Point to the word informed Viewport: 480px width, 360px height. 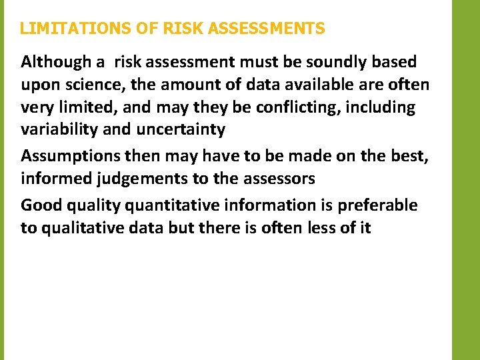click(x=53, y=179)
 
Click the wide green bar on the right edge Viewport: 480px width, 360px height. click(x=466, y=180)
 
